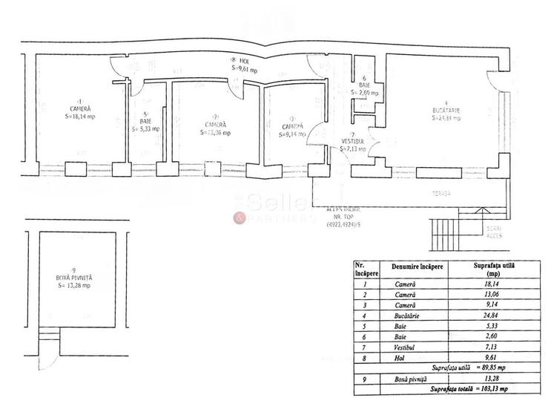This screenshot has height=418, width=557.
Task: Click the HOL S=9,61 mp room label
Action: pos(243,66)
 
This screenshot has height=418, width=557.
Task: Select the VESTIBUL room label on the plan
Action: pos(352,140)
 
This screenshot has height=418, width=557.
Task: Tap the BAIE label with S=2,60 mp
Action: pos(364,89)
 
